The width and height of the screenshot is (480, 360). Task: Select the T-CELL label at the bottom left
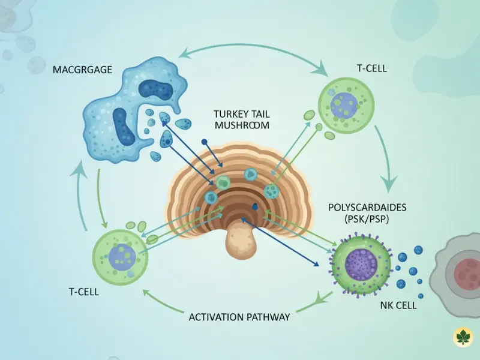(x=85, y=292)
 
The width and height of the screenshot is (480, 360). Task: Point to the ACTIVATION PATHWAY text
(x=239, y=317)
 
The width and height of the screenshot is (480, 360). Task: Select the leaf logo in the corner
(x=463, y=337)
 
